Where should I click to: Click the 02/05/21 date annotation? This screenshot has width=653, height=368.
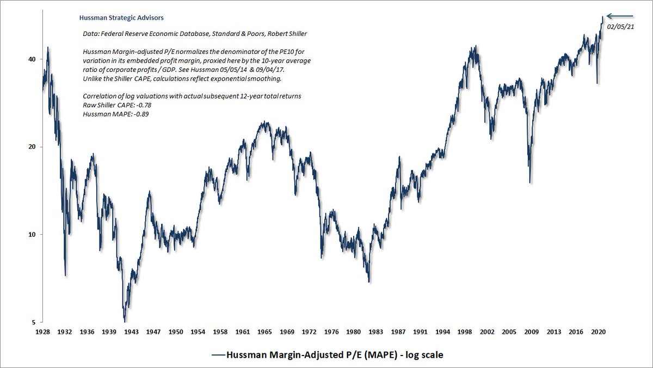coord(622,26)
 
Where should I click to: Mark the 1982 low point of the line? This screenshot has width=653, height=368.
coord(369,281)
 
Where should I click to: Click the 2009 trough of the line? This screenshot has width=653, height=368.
coord(530,182)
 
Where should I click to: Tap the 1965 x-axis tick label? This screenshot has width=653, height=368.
coord(265,331)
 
